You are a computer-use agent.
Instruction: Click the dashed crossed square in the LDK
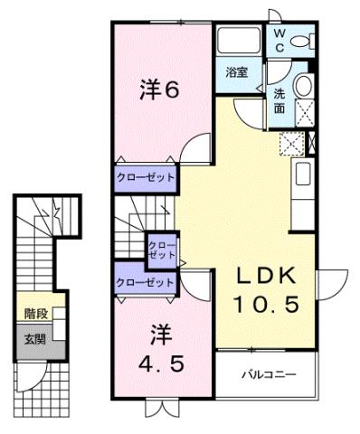291,144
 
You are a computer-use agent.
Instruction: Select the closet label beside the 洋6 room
145,178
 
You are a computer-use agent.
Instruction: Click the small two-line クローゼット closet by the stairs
162,249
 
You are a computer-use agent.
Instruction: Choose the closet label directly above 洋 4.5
145,283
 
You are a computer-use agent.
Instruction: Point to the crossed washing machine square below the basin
305,113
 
